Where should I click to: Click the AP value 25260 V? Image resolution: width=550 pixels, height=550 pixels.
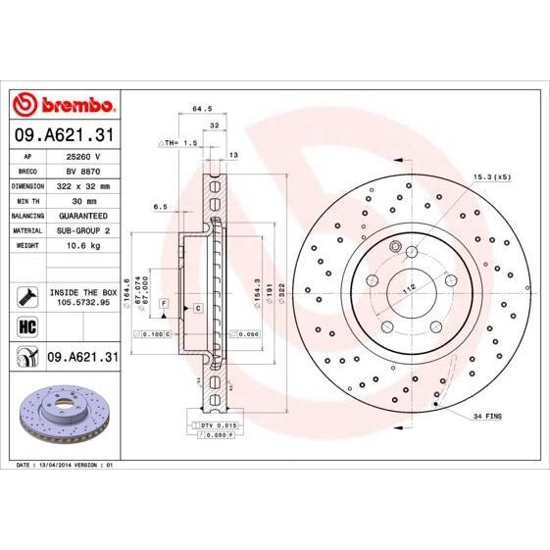click(83, 155)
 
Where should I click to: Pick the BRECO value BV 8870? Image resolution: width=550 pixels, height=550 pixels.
click(83, 170)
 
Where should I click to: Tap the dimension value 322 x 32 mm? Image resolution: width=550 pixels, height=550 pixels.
click(83, 184)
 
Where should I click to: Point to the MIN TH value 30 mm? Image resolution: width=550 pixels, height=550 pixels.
click(83, 199)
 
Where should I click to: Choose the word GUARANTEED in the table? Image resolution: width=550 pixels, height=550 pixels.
click(83, 214)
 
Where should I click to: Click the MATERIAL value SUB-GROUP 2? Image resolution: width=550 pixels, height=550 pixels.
click(83, 228)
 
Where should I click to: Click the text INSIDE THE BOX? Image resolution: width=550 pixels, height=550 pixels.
click(83, 292)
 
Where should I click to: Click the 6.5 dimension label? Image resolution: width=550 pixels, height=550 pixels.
click(162, 207)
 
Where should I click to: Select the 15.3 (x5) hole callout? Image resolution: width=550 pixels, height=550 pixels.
click(491, 176)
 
